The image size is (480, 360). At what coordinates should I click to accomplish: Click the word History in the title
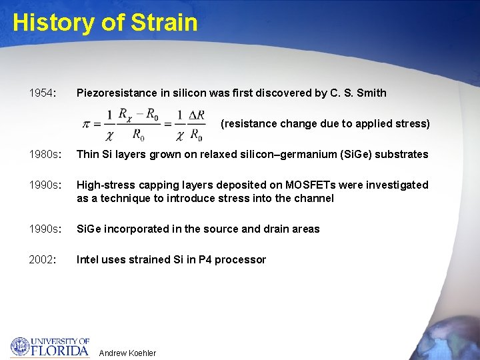51,23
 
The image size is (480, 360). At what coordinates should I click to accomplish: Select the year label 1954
42,93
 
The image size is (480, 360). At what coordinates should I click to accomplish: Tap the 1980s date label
44,155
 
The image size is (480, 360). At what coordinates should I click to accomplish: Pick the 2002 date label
42,260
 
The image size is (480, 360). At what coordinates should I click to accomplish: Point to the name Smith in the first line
371,93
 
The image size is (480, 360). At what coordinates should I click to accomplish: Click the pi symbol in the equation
87,125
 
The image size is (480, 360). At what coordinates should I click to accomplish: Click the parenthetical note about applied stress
325,124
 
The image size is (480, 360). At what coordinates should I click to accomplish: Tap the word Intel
89,260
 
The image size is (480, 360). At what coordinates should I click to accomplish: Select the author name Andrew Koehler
127,353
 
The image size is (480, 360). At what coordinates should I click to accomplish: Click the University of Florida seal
20,346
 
